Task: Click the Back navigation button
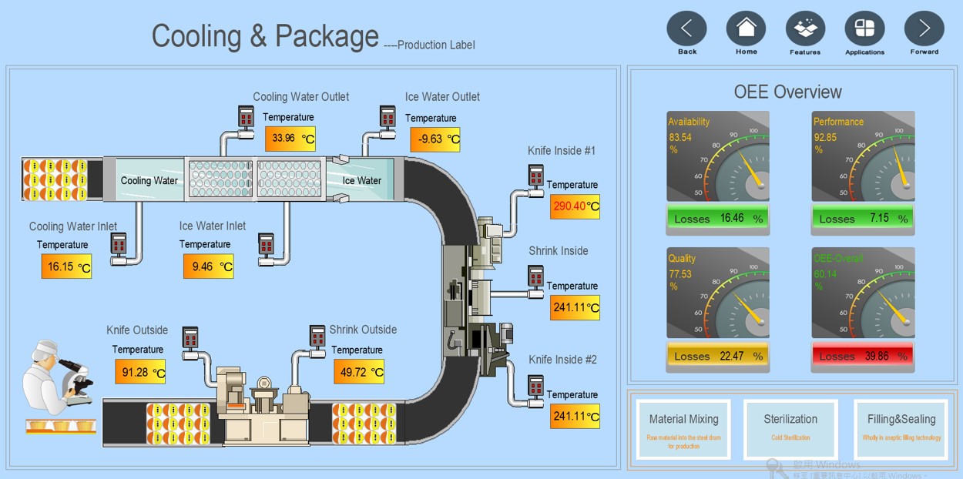click(686, 29)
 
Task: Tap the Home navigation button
click(746, 29)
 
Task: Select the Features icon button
click(805, 29)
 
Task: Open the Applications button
click(864, 29)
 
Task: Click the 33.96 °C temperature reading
click(290, 139)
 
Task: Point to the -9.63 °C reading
click(435, 139)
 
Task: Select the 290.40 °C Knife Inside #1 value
click(575, 206)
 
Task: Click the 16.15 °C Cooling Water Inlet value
click(66, 266)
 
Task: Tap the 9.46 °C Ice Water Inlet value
click(208, 266)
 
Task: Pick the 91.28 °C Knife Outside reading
click(140, 372)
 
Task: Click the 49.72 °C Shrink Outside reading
click(359, 372)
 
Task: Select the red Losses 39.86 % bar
click(863, 356)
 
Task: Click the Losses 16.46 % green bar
click(717, 219)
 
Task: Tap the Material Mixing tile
click(683, 429)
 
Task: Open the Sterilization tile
click(790, 429)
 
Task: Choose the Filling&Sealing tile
click(901, 429)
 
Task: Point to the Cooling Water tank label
click(149, 181)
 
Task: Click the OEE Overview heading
click(787, 92)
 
